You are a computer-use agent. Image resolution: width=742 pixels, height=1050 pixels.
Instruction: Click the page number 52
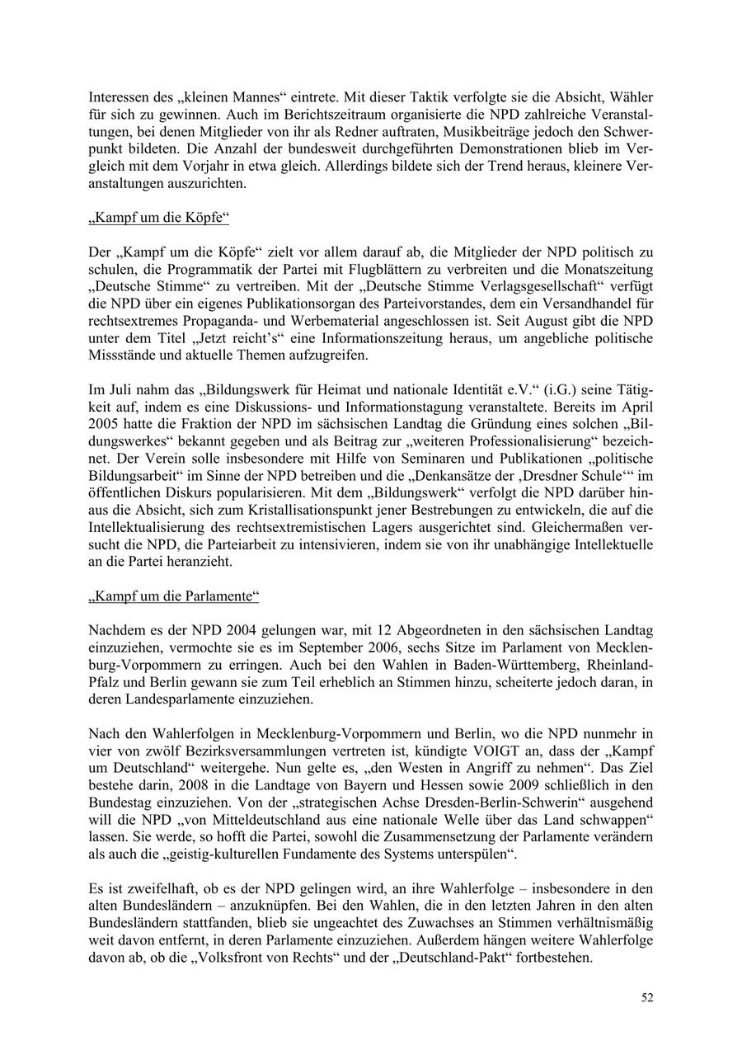click(x=647, y=997)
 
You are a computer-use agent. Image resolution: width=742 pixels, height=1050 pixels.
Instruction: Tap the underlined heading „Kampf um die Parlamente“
click(x=174, y=595)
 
